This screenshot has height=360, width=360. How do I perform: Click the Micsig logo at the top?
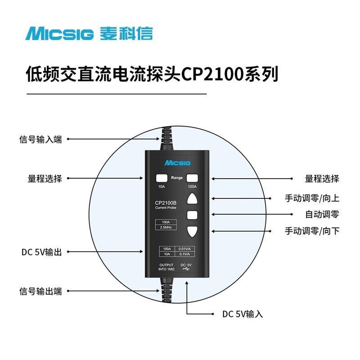(x=89, y=34)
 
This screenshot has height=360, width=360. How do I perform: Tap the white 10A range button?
(x=162, y=178)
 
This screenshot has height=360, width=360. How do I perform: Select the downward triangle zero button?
(x=193, y=231)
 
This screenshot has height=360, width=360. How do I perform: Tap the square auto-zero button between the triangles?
(x=193, y=215)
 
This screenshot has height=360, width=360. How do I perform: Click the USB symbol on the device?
(x=186, y=270)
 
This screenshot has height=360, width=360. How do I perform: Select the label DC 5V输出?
(x=41, y=252)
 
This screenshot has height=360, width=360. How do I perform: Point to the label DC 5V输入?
(x=243, y=314)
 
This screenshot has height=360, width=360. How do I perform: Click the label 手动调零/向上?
(x=312, y=198)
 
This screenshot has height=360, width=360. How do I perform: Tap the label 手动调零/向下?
(x=312, y=231)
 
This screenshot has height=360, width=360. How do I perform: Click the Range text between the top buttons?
(x=177, y=178)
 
